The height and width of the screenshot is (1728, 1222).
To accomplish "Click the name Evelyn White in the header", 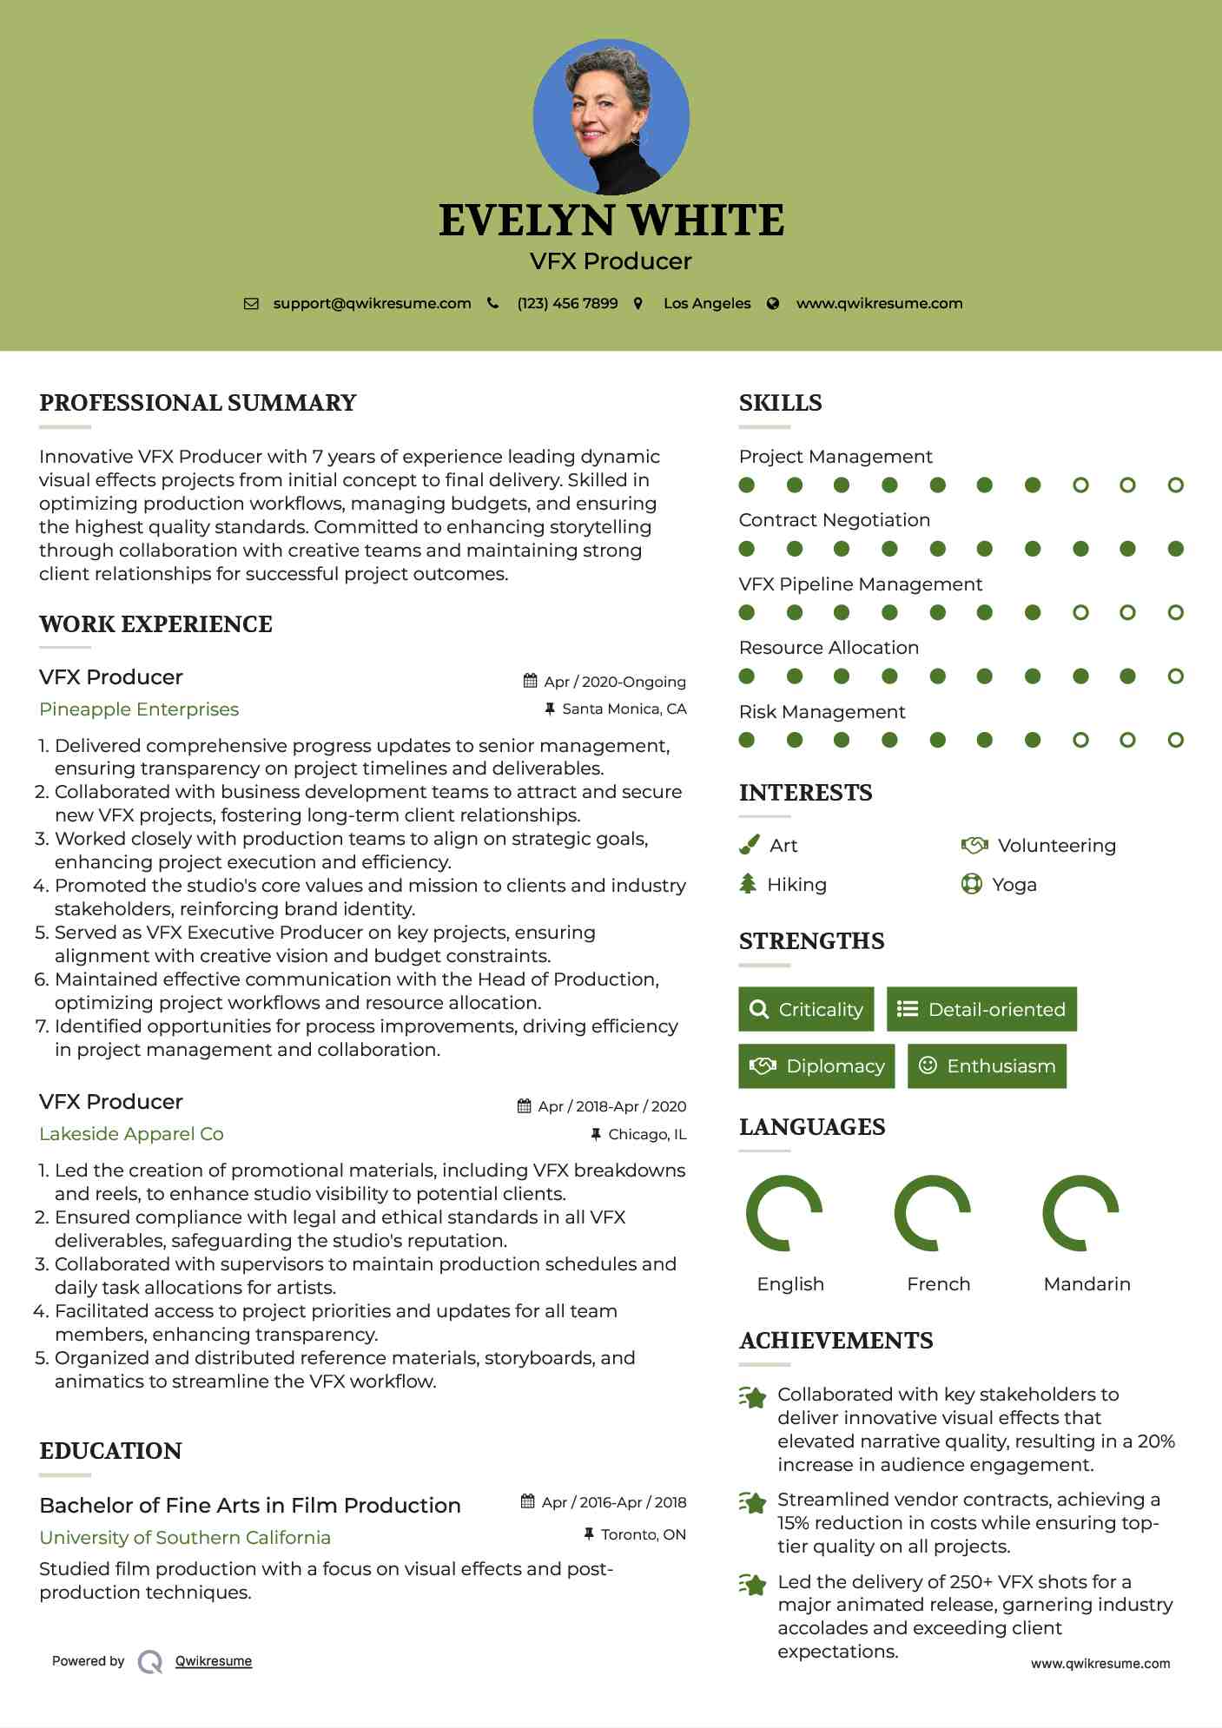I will click(611, 221).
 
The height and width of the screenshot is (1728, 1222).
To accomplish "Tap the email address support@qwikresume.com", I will click(372, 303).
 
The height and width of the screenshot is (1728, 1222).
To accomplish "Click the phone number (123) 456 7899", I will click(567, 303).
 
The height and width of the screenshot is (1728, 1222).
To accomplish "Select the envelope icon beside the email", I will click(251, 304).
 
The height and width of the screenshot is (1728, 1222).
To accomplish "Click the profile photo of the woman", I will click(611, 116).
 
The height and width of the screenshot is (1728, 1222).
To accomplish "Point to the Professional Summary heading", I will click(198, 403).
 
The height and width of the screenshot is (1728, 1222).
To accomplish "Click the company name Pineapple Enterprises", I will click(139, 709).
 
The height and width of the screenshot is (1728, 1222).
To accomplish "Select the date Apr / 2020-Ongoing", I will click(615, 682).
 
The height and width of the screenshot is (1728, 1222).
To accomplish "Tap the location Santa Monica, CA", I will click(624, 709).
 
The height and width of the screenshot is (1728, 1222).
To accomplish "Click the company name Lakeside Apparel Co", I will click(131, 1134).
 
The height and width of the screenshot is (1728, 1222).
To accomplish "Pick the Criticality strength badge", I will click(806, 1009).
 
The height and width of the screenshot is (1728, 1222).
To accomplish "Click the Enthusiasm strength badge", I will click(987, 1065).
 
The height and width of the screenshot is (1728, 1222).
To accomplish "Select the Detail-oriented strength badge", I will click(981, 1009).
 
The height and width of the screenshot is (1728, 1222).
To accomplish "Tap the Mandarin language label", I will click(1087, 1283).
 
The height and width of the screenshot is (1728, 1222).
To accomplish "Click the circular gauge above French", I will click(932, 1213).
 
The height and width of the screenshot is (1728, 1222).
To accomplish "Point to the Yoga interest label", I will click(1014, 885).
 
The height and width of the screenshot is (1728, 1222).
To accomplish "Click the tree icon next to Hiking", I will click(748, 884).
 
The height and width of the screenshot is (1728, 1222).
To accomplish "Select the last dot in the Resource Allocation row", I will click(1175, 676).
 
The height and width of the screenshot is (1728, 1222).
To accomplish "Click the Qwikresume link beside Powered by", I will click(214, 1661).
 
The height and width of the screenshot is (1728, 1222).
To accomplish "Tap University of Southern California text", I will click(185, 1538).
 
